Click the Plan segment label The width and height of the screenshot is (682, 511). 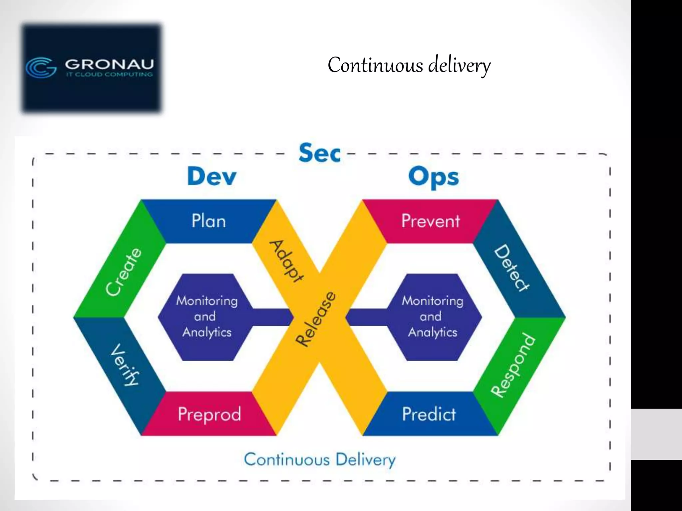(209, 221)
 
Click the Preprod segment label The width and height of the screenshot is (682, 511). (209, 414)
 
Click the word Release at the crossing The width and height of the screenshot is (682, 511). (316, 319)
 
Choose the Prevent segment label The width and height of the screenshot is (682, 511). (431, 221)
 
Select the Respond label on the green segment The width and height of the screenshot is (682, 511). (513, 365)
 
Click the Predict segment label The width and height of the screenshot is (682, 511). (429, 414)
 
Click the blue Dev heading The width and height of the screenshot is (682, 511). (212, 176)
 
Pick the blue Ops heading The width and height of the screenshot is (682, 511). (434, 177)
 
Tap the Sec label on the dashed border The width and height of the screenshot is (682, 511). (319, 153)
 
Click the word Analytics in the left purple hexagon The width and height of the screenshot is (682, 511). (207, 332)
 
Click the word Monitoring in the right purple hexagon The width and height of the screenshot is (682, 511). (432, 301)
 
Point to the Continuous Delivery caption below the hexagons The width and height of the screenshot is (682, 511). (319, 459)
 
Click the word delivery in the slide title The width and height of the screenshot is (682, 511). (459, 65)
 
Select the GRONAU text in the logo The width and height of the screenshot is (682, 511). (109, 64)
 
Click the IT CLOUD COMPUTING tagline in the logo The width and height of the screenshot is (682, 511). (109, 75)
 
